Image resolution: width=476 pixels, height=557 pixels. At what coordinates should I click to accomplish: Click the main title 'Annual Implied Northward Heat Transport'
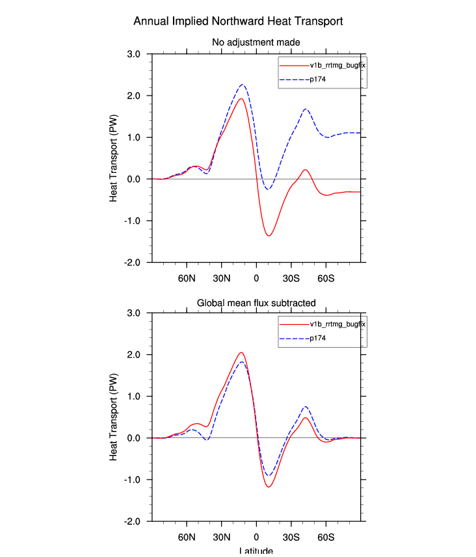238,21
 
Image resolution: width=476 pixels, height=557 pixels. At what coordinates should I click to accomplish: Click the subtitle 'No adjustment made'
255,43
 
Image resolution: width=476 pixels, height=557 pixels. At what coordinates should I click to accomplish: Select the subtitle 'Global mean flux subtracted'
256,302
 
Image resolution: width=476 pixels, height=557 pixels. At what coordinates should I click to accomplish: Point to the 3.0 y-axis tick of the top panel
135,54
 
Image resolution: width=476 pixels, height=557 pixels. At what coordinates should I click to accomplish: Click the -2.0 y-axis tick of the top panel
134,262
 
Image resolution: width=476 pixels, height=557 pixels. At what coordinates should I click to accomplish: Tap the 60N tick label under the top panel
187,279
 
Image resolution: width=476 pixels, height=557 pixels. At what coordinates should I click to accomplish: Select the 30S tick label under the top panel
291,279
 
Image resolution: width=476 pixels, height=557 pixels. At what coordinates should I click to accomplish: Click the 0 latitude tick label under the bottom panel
256,538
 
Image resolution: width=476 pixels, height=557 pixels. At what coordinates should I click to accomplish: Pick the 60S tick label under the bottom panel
326,538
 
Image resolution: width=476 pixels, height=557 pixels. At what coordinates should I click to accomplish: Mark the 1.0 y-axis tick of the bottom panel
135,396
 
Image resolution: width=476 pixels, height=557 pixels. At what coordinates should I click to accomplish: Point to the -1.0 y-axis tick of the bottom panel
134,480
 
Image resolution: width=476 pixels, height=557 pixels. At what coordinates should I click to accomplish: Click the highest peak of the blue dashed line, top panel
242,84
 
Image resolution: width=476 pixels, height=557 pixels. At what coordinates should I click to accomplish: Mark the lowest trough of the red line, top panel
269,235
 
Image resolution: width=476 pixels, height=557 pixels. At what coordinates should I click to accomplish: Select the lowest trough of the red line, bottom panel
269,487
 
